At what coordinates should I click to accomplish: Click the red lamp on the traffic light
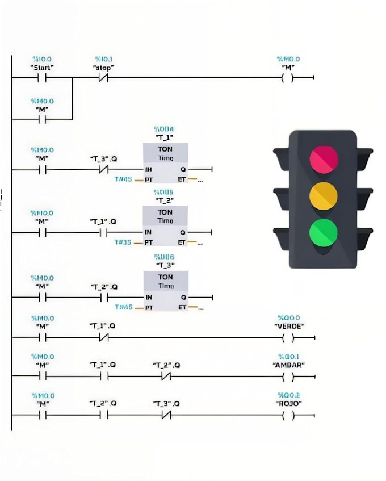(x=324, y=158)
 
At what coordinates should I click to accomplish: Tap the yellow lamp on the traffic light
(x=324, y=196)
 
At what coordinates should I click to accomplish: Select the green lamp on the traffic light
(x=324, y=233)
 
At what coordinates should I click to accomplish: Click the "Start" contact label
(x=42, y=68)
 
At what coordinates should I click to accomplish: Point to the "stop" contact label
(x=103, y=68)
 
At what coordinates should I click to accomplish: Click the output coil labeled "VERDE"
(x=289, y=338)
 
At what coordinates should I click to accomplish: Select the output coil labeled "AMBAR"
(x=289, y=377)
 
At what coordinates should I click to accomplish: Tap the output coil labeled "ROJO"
(x=289, y=415)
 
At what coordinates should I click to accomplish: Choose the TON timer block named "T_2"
(x=166, y=225)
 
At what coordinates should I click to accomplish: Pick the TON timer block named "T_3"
(x=166, y=290)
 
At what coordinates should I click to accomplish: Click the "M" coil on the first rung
(x=289, y=78)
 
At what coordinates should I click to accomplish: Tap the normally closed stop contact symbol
(x=103, y=78)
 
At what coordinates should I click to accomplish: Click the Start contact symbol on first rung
(x=42, y=78)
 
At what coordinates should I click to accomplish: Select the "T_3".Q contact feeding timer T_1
(x=103, y=169)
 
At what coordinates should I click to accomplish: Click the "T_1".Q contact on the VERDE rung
(x=103, y=338)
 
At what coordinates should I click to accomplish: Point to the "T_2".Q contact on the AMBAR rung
(x=166, y=377)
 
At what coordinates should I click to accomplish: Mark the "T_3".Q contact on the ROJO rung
(x=166, y=415)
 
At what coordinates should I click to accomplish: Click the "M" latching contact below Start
(x=42, y=119)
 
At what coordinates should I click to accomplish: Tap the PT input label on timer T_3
(x=149, y=307)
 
